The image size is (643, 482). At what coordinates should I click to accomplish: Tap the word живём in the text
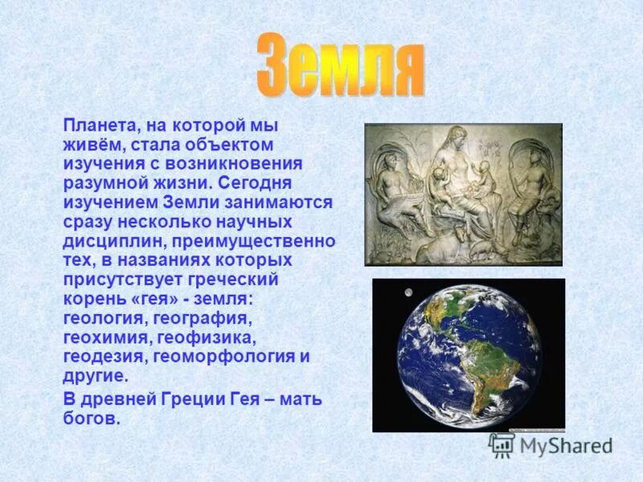click(x=91, y=145)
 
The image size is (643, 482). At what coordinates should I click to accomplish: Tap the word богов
click(x=91, y=419)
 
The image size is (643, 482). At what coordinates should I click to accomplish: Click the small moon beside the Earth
click(x=409, y=292)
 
